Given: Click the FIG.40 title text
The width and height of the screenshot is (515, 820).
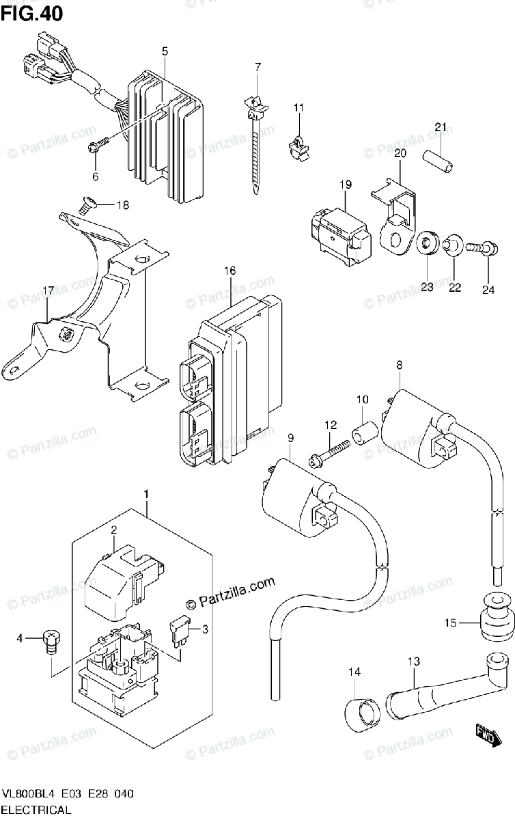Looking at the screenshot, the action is pyautogui.click(x=32, y=14).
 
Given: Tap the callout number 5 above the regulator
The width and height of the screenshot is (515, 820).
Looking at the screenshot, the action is pyautogui.click(x=165, y=51).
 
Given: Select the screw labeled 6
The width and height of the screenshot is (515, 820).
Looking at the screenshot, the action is pyautogui.click(x=98, y=144).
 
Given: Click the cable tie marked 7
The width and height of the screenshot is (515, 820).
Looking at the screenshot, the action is pyautogui.click(x=256, y=144).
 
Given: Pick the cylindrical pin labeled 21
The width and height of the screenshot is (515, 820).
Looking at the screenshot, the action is pyautogui.click(x=438, y=161).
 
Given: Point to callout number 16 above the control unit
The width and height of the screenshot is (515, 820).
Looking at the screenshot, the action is pyautogui.click(x=230, y=271).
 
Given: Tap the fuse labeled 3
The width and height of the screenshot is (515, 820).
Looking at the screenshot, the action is pyautogui.click(x=180, y=633).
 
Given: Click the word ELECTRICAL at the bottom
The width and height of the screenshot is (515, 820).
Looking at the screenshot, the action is pyautogui.click(x=37, y=810).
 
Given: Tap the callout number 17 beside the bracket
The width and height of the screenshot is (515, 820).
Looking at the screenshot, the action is pyautogui.click(x=48, y=291).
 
